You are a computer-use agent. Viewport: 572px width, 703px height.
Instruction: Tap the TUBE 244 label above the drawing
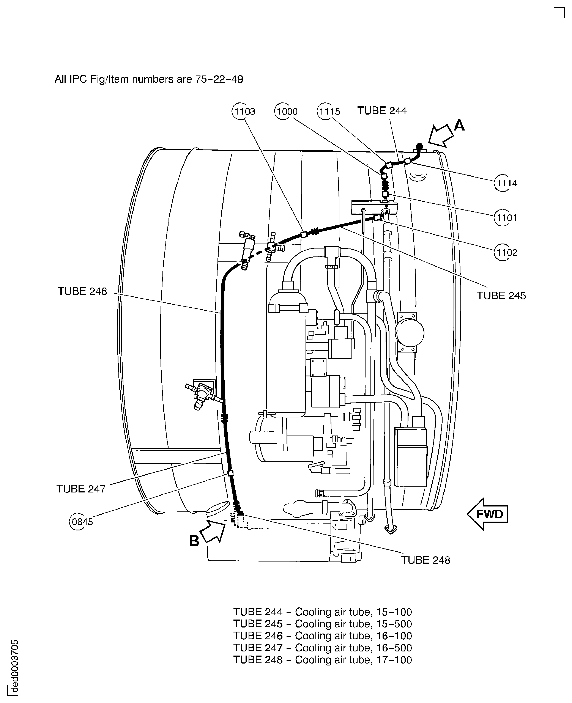pos(382,111)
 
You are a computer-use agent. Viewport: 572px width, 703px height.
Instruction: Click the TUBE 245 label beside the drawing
pos(501,296)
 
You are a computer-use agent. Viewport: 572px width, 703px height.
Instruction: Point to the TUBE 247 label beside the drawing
pos(81,489)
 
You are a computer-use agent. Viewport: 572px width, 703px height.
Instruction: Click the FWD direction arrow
pos(488,514)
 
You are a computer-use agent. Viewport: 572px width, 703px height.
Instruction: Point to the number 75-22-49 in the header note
pos(219,79)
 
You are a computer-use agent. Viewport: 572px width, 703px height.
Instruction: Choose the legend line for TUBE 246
pos(323,636)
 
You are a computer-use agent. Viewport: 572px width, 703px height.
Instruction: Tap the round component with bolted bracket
pos(410,333)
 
